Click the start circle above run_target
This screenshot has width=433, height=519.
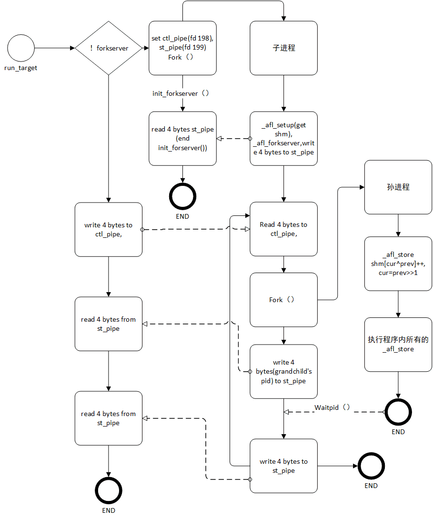click(x=21, y=48)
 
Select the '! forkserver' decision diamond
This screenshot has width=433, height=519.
click(x=109, y=48)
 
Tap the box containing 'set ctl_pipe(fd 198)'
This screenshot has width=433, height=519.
click(x=182, y=48)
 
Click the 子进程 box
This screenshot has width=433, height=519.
click(x=283, y=48)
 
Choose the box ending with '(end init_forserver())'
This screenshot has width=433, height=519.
click(x=182, y=139)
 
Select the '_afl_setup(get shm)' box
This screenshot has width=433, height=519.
click(x=283, y=139)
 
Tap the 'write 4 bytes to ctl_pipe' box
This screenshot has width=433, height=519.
click(x=109, y=229)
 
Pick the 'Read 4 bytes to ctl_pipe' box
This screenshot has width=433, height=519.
click(x=283, y=229)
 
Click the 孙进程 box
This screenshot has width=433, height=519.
click(x=398, y=187)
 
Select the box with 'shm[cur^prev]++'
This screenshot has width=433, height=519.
click(x=398, y=264)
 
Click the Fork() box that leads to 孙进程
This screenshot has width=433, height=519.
click(x=283, y=300)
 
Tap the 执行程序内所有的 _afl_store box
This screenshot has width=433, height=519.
click(x=398, y=345)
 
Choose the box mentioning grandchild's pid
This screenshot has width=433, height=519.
click(x=283, y=371)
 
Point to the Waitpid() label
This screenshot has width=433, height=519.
click(x=332, y=407)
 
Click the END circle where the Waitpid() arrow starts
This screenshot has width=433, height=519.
click(x=398, y=411)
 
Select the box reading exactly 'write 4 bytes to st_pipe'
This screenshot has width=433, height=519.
click(x=283, y=466)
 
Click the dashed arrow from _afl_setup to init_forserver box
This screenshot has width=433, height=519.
click(x=233, y=139)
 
